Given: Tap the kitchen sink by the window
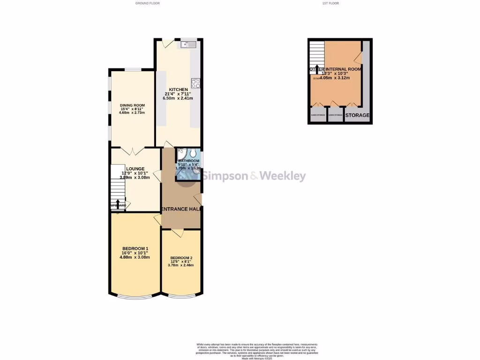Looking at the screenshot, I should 190,45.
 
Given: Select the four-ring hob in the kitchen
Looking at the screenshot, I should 196,84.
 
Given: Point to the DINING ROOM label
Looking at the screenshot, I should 132,105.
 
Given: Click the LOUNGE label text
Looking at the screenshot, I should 135,169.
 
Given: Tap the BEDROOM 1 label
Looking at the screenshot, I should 135,248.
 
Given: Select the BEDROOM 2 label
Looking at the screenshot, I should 180,258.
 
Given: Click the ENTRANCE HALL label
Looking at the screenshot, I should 181,209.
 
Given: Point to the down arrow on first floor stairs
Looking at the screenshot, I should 317,68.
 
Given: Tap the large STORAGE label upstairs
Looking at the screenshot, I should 358,115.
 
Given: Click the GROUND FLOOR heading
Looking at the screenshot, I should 148,3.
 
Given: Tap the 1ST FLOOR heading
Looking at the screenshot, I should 330,3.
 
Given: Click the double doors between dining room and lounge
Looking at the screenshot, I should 132,151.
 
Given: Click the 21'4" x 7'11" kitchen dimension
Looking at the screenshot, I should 178,94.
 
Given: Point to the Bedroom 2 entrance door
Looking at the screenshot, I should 177,232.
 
